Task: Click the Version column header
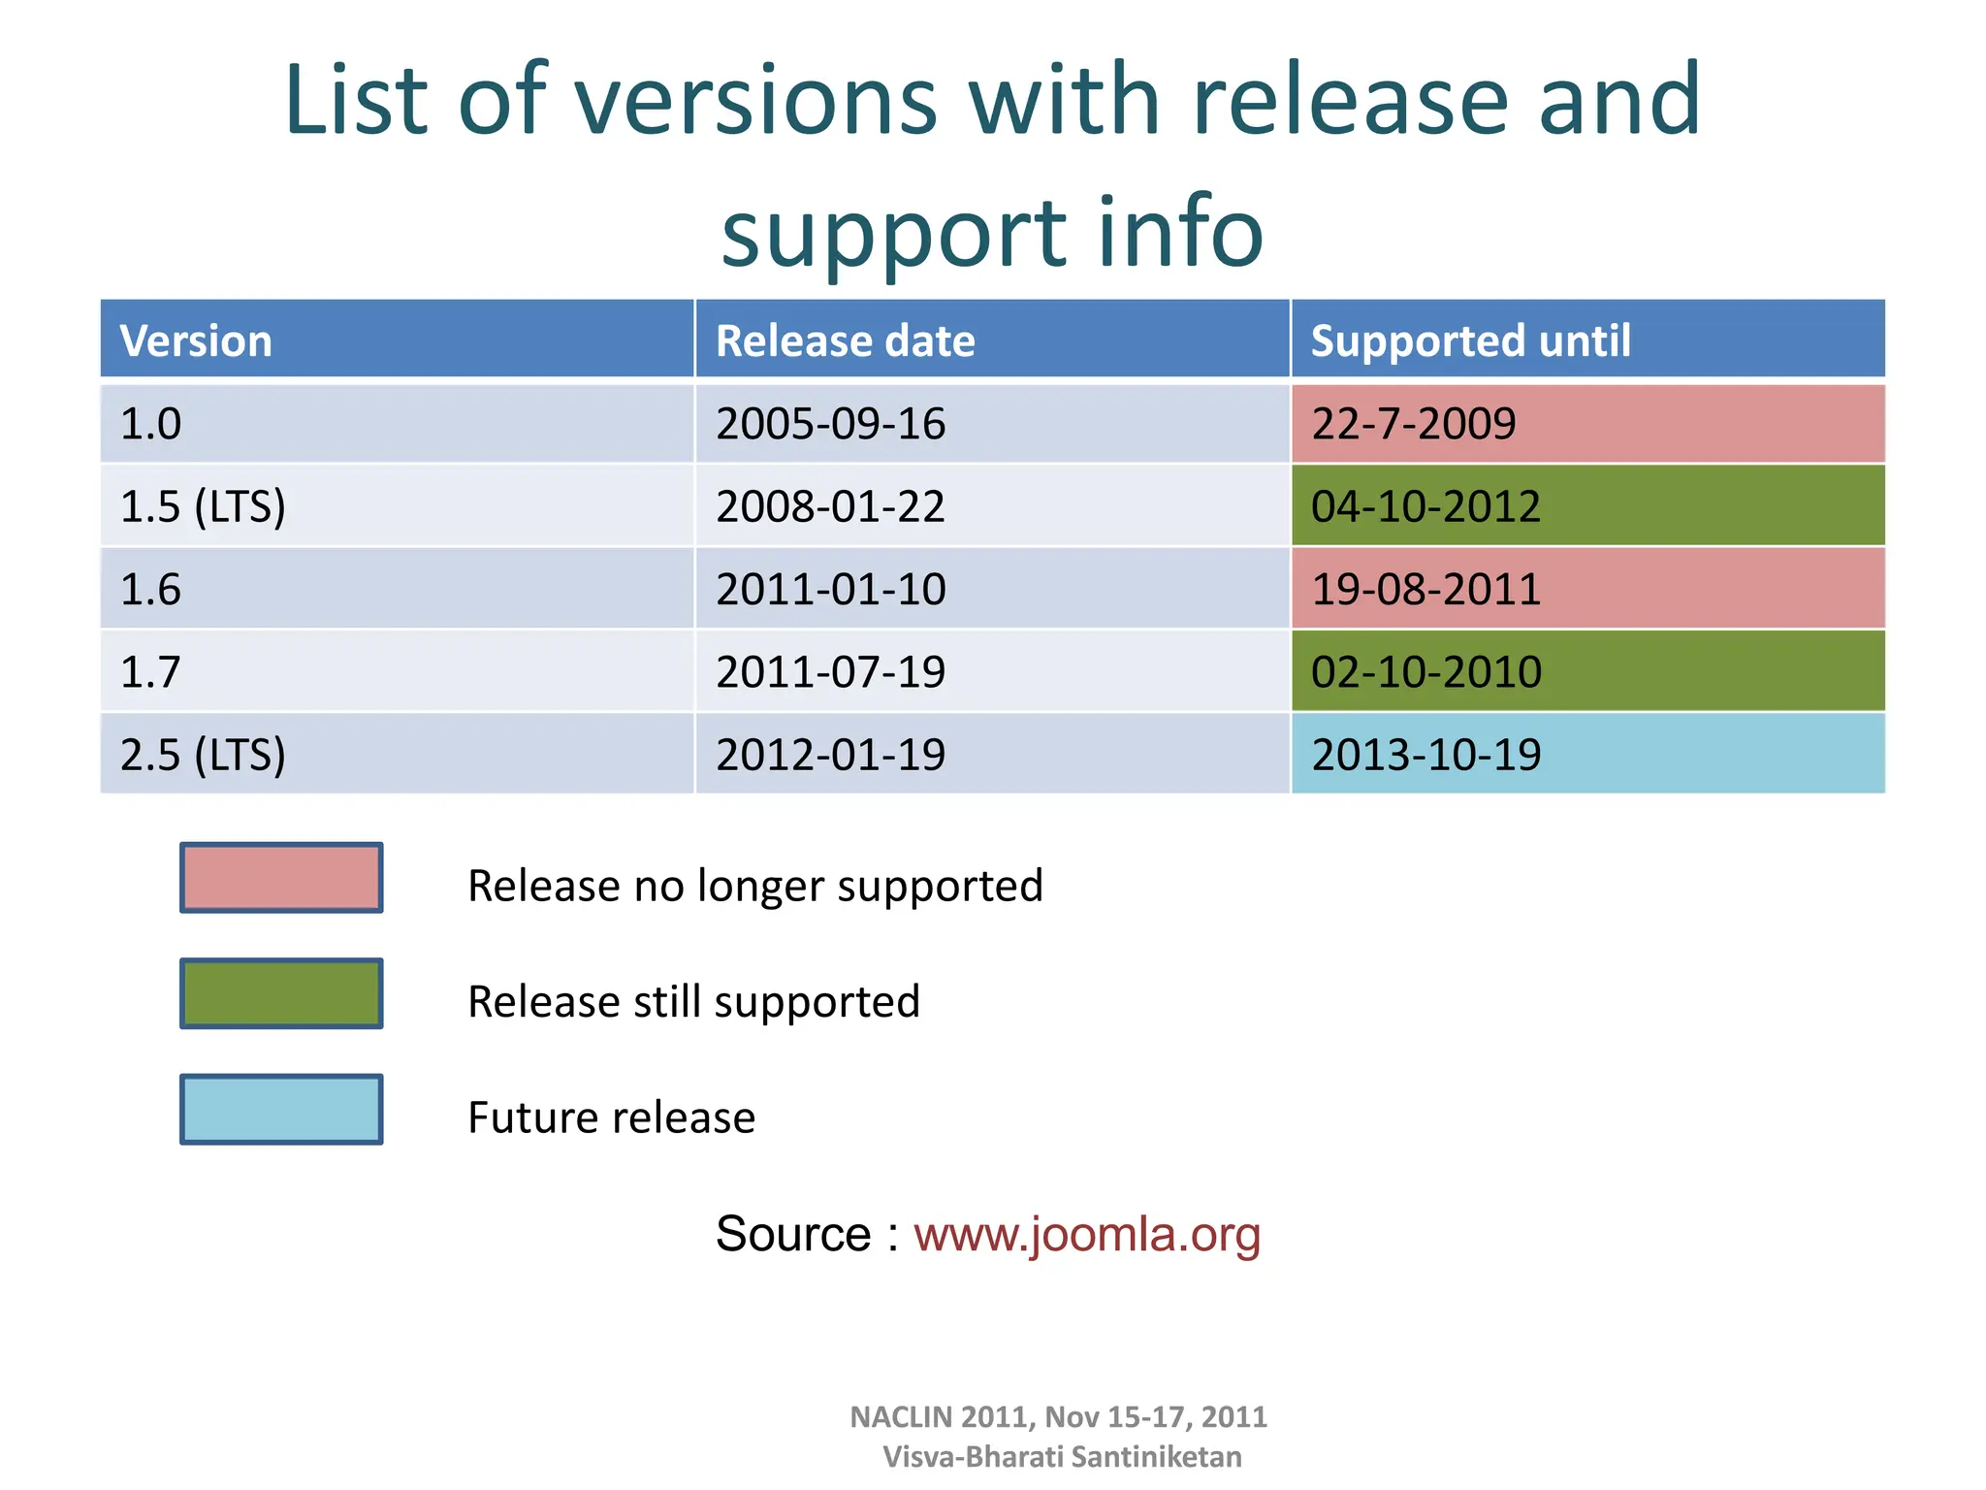(196, 340)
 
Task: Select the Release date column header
(845, 340)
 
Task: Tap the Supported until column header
(1470, 340)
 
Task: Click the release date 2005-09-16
(830, 424)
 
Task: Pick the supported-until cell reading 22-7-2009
(1414, 424)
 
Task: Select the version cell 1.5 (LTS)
(203, 506)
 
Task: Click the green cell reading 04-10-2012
(1425, 506)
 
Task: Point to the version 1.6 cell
(151, 590)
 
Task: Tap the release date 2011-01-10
(830, 590)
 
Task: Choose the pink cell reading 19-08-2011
(1425, 590)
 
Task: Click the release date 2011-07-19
(830, 672)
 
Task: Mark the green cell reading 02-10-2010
(1425, 672)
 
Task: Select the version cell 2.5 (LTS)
(203, 755)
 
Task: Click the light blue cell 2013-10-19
(1425, 755)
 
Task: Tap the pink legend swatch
(281, 878)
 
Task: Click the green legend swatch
(281, 993)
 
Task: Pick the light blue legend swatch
(281, 1109)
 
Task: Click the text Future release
(611, 1117)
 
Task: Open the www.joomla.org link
(1086, 1234)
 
